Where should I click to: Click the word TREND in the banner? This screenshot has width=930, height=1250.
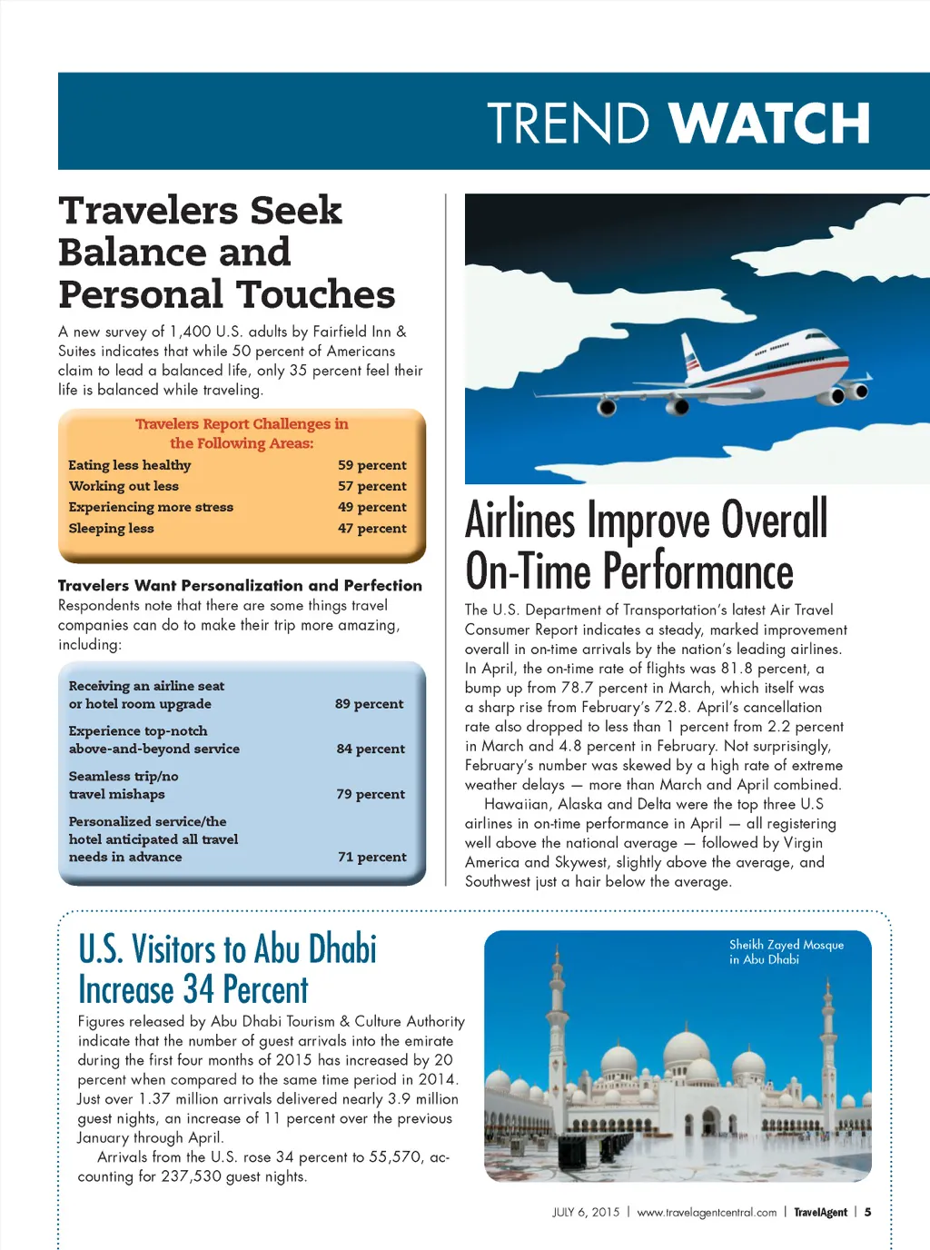click(568, 124)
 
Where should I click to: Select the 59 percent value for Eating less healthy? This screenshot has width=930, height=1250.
click(372, 465)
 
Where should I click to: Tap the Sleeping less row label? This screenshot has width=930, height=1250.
click(111, 529)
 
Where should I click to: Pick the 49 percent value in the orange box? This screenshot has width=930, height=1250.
click(372, 507)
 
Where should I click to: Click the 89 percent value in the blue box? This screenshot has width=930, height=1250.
click(369, 704)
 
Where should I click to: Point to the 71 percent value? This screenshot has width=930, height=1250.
click(371, 857)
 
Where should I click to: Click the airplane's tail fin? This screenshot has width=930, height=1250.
click(692, 354)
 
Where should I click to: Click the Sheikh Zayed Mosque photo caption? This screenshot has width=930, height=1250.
click(786, 952)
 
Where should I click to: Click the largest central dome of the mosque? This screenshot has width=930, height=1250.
click(686, 1054)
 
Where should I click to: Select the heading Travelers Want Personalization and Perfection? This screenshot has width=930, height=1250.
click(240, 586)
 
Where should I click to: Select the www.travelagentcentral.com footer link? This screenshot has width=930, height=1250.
click(707, 1213)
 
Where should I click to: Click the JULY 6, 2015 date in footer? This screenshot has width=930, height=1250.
click(585, 1213)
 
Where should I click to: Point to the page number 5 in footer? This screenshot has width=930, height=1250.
click(867, 1213)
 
